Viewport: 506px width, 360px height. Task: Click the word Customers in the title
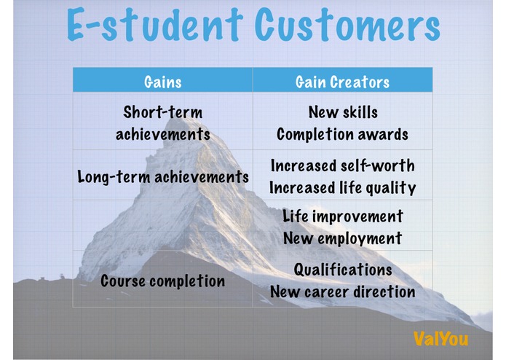pyautogui.click(x=347, y=26)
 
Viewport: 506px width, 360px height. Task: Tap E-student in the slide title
pyautogui.click(x=154, y=25)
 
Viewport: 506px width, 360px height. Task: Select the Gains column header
pyautogui.click(x=162, y=82)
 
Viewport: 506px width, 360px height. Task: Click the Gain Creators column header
pyautogui.click(x=342, y=82)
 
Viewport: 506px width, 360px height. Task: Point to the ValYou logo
pyautogui.click(x=440, y=339)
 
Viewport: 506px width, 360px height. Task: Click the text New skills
pyautogui.click(x=343, y=112)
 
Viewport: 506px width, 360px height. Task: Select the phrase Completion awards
pyautogui.click(x=342, y=134)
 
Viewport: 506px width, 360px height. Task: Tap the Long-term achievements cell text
pyautogui.click(x=163, y=177)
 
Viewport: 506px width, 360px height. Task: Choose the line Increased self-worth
pyautogui.click(x=342, y=165)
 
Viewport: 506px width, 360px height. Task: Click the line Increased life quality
pyautogui.click(x=342, y=188)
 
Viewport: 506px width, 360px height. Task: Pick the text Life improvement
pyautogui.click(x=343, y=216)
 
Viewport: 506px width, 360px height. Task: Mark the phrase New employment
pyautogui.click(x=342, y=238)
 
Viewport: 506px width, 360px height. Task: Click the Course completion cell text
pyautogui.click(x=162, y=281)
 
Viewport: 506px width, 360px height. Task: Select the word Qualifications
pyautogui.click(x=343, y=270)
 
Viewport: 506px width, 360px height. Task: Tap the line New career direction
pyautogui.click(x=342, y=292)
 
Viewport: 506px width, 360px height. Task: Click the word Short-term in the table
pyautogui.click(x=162, y=112)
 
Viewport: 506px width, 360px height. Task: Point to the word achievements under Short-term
pyautogui.click(x=162, y=134)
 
